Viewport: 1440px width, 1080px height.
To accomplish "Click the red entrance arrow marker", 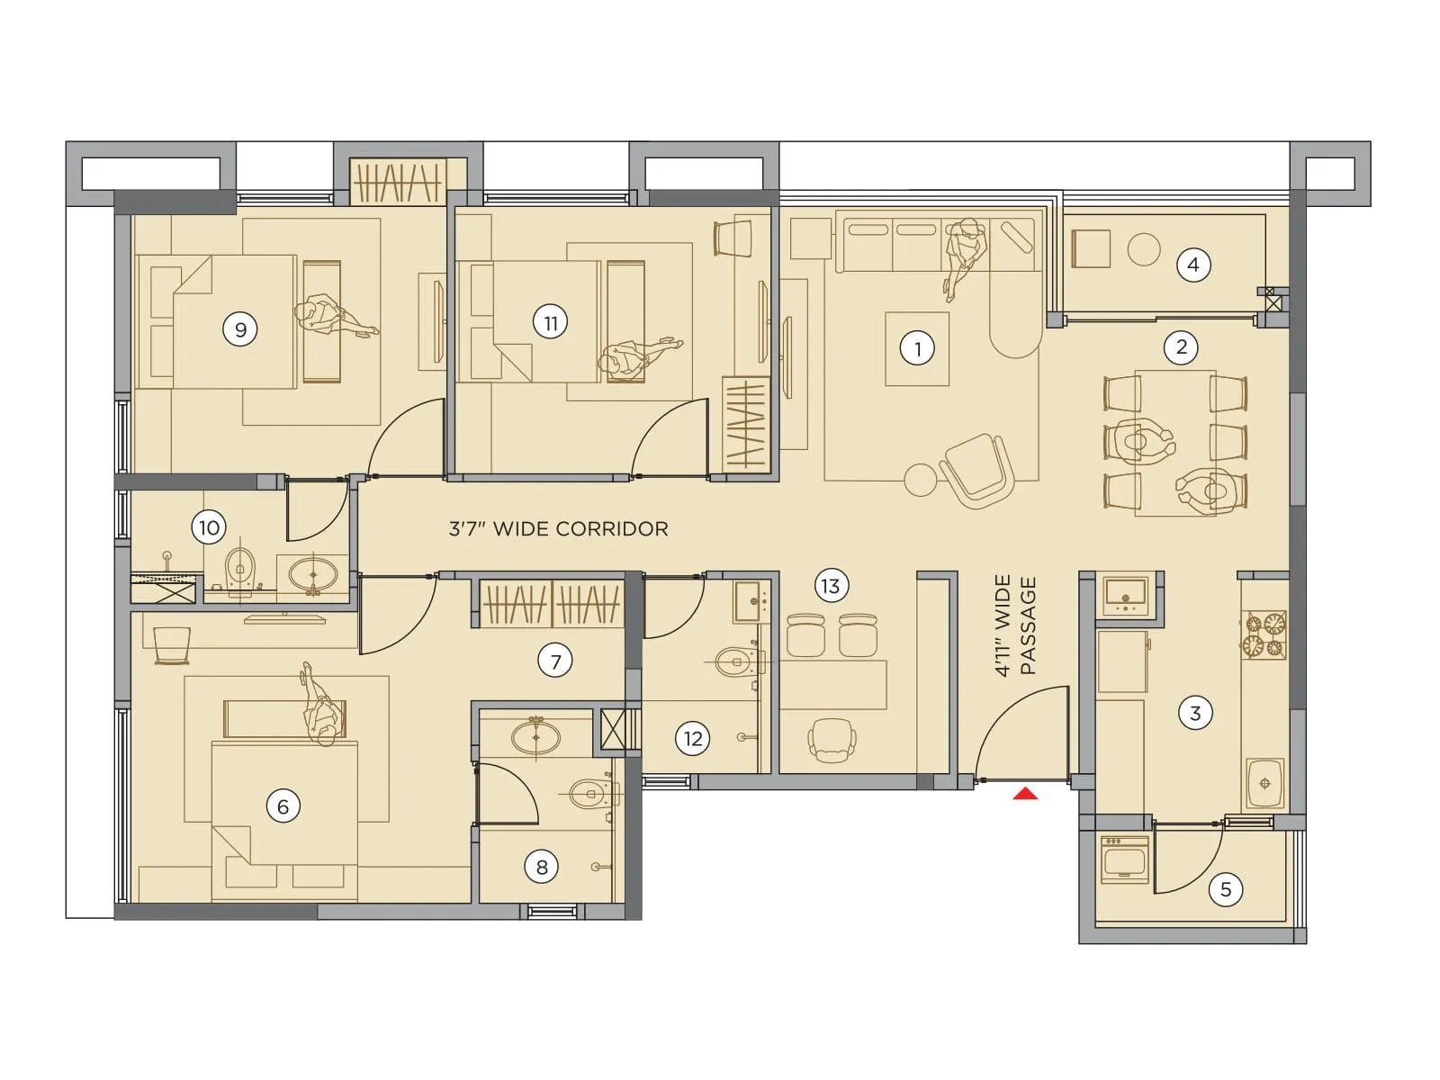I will pyautogui.click(x=1025, y=794).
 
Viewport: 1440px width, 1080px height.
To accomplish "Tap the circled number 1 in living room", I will pyautogui.click(x=917, y=348).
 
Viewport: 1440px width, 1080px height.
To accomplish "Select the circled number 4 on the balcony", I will pyautogui.click(x=1192, y=265).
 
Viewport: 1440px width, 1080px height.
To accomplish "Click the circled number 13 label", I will pyautogui.click(x=830, y=587).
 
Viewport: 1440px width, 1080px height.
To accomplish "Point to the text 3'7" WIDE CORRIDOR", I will pyautogui.click(x=558, y=529).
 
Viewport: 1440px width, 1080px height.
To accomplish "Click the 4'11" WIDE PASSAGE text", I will pyautogui.click(x=1016, y=625).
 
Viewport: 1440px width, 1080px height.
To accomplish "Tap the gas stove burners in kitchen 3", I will pyautogui.click(x=1264, y=634).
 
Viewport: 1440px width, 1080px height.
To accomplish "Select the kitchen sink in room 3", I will pyautogui.click(x=1264, y=781).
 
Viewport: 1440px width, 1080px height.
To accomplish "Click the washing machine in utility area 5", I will pyautogui.click(x=1124, y=859).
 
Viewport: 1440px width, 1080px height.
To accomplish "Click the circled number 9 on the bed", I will pyautogui.click(x=240, y=329).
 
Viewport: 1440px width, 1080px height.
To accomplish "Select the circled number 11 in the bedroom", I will pyautogui.click(x=550, y=322).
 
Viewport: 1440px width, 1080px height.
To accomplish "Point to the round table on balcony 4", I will pyautogui.click(x=1144, y=249).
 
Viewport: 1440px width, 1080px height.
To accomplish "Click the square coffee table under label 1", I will pyautogui.click(x=917, y=349).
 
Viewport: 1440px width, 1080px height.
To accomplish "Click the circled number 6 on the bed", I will pyautogui.click(x=283, y=805).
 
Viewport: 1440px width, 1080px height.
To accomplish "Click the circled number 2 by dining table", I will pyautogui.click(x=1181, y=346).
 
